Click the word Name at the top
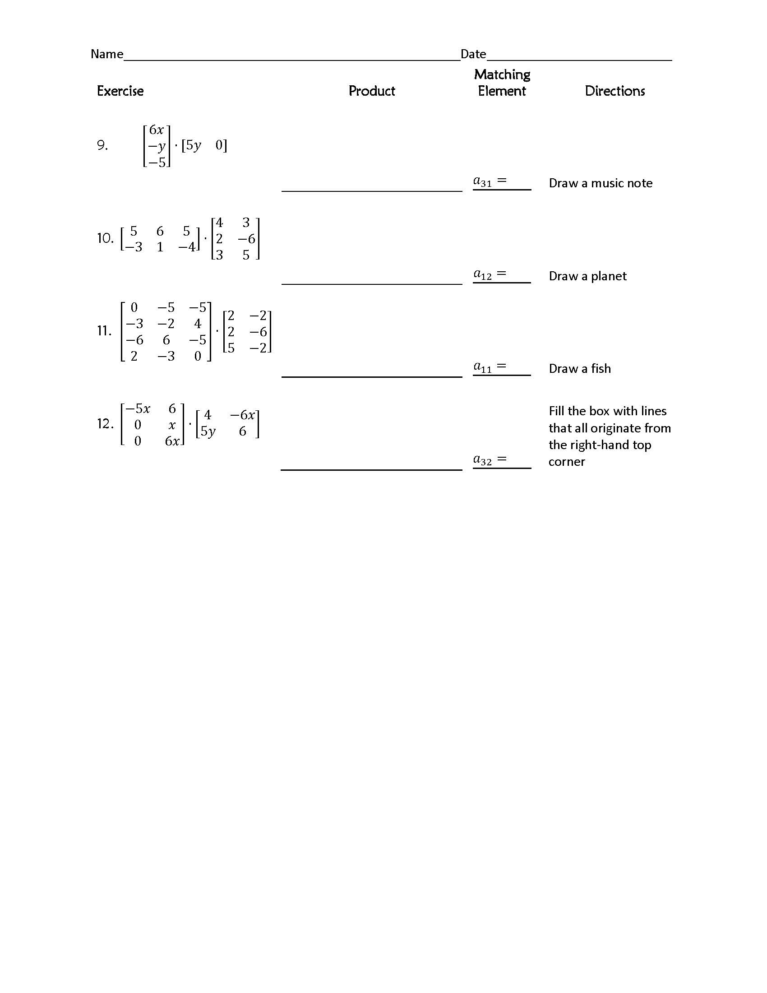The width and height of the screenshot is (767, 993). coord(107,54)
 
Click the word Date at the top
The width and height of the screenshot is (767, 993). coord(473,54)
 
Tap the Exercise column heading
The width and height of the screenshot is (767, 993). coord(120,91)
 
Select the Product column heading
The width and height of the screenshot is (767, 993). coord(372,91)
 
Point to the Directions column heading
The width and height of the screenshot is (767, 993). coord(615,91)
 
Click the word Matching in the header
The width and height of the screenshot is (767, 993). coord(502,74)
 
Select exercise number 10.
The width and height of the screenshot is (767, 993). coord(105,238)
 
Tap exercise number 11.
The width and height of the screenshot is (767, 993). coord(104,331)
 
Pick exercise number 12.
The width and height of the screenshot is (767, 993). coord(105,424)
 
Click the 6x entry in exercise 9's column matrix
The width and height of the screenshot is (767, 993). coord(156,130)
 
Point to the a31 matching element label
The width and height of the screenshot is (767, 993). coord(483,181)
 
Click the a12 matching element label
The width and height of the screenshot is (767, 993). coord(483,274)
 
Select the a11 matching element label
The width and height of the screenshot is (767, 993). coord(483,367)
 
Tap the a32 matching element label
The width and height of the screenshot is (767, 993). coord(483,460)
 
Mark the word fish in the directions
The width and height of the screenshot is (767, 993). coord(601,369)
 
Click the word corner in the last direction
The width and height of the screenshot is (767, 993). coord(567,462)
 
